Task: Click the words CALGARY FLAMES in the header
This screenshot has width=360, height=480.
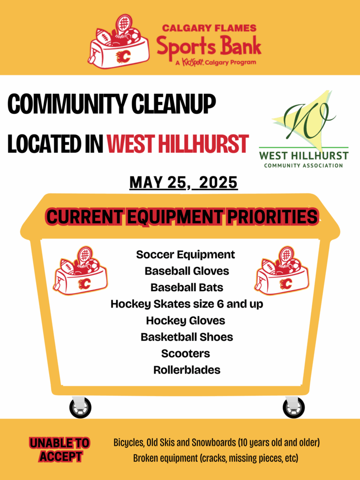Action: (x=209, y=28)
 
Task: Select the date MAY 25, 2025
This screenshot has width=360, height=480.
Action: (x=183, y=182)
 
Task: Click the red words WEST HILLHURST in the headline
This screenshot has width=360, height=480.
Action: (x=178, y=143)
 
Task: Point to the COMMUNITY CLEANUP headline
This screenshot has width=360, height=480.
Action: (x=112, y=104)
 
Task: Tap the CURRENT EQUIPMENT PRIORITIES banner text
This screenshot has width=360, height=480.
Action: (x=182, y=217)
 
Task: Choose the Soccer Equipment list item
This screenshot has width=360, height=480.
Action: (x=186, y=255)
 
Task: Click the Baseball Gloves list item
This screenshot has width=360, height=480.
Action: (x=187, y=271)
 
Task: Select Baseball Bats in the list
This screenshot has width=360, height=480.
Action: (x=187, y=287)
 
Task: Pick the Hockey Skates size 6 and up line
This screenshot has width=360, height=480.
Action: (x=187, y=304)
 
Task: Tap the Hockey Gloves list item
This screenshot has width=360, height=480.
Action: (x=186, y=321)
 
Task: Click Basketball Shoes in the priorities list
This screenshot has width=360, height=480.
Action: (x=187, y=337)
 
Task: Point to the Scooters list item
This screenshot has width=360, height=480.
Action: (x=186, y=353)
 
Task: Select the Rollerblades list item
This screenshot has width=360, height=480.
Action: (x=187, y=370)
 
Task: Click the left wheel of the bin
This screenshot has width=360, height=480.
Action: (x=80, y=407)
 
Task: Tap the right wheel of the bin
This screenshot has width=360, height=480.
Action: (x=293, y=407)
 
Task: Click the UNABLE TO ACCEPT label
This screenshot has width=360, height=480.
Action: (x=60, y=450)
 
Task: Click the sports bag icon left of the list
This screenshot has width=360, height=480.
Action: (x=80, y=270)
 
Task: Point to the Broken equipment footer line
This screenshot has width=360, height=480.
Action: (x=216, y=458)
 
